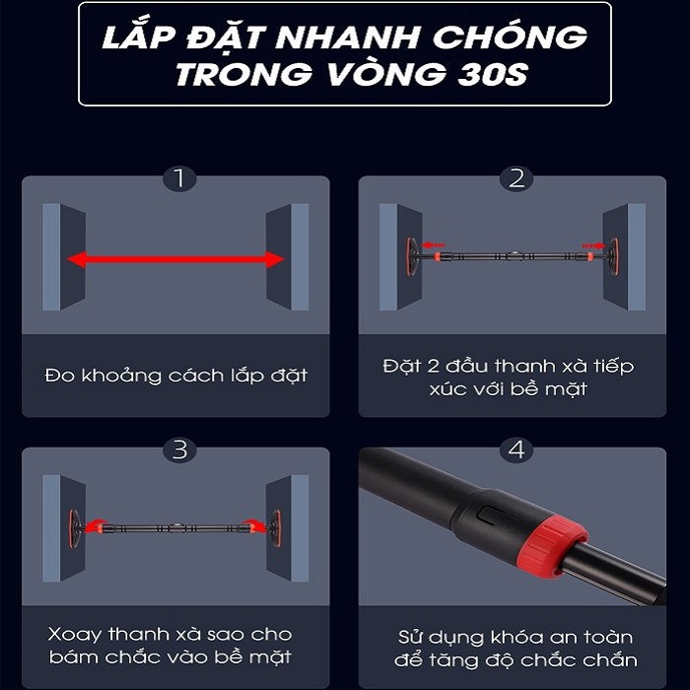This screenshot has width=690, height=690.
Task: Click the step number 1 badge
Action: click(x=179, y=178)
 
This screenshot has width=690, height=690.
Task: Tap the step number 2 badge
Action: click(x=517, y=178)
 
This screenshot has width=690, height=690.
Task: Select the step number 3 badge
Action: click(x=179, y=450)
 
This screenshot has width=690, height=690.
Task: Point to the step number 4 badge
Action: click(x=517, y=450)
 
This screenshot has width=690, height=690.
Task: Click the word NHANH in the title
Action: click(x=347, y=37)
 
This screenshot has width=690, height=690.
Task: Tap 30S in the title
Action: click(x=493, y=74)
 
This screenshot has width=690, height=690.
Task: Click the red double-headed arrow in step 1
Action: click(x=175, y=259)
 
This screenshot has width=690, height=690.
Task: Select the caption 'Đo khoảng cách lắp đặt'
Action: click(x=175, y=376)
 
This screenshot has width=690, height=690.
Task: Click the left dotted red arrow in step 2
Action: click(x=434, y=245)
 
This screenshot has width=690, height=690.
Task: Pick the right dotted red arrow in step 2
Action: click(x=593, y=245)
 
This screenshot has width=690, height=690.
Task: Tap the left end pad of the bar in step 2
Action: click(x=411, y=256)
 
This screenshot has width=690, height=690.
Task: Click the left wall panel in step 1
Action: click(x=64, y=257)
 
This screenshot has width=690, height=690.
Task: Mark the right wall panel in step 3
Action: click(x=288, y=528)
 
